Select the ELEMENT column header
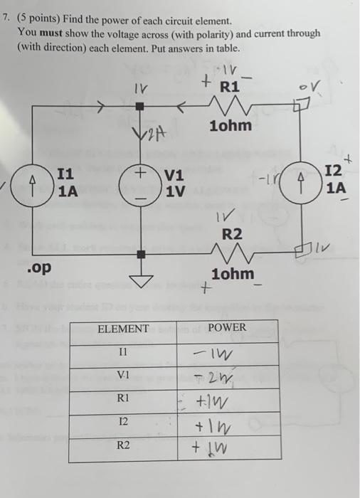click(x=123, y=329)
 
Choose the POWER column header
click(x=227, y=327)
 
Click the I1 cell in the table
click(x=123, y=352)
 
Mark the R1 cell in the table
click(x=123, y=400)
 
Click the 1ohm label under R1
click(x=231, y=126)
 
